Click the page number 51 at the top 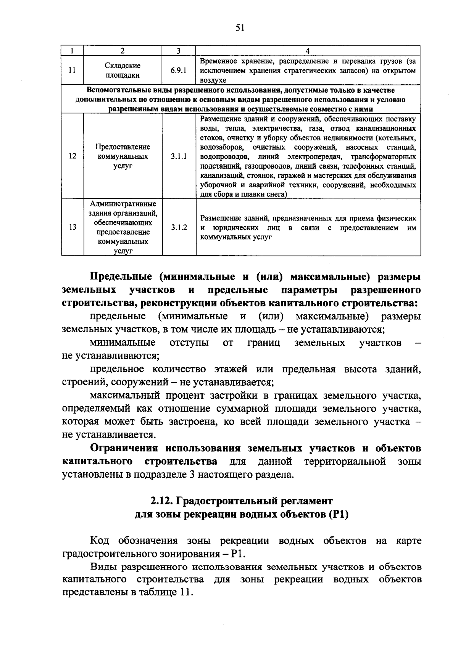coord(240,27)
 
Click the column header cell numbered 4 coord(308,51)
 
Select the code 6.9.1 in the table coord(179,71)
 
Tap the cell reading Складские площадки coord(123,71)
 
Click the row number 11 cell coord(72,71)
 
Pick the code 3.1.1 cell coord(179,156)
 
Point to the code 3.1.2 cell coord(179,227)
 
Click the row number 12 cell coord(72,156)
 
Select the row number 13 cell coord(72,227)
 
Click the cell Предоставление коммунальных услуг coord(123,156)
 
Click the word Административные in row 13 coord(123,204)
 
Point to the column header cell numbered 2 coord(123,51)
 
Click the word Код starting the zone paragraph coord(99,541)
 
